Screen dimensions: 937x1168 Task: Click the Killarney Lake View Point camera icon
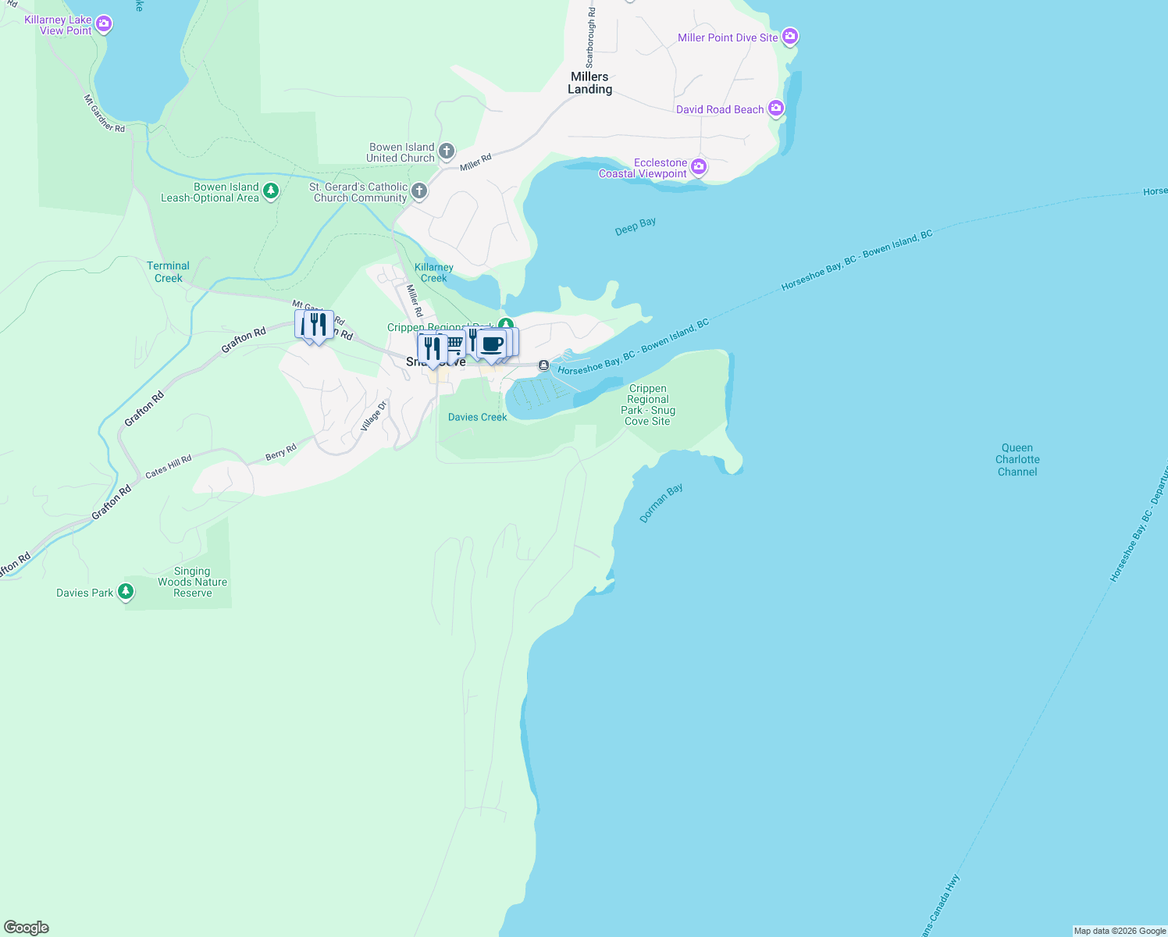coord(104,24)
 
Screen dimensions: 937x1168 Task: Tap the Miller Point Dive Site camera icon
coord(790,37)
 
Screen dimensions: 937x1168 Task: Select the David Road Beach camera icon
coord(776,109)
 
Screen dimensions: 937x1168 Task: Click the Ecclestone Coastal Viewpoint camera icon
coord(699,166)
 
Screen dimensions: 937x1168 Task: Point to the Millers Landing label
coord(589,83)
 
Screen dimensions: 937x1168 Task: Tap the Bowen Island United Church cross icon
coord(447,151)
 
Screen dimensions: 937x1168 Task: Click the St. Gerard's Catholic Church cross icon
coord(419,191)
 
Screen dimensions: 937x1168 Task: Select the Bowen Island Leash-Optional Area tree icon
coord(271,191)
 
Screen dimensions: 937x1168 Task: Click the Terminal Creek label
coord(168,272)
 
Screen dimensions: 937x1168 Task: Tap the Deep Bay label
coord(635,226)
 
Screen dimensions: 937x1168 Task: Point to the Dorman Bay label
coord(661,502)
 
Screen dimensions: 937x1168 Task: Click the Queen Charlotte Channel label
coord(1017,460)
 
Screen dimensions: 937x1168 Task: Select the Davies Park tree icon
coord(125,592)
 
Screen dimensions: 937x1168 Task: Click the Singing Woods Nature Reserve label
coord(192,583)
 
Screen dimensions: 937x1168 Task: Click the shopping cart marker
coord(454,343)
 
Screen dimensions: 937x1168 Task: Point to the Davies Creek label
coord(477,417)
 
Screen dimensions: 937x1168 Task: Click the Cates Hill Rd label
coord(168,466)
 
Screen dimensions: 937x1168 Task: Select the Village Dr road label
coord(374,416)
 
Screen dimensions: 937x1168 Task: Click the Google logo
coord(27,928)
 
